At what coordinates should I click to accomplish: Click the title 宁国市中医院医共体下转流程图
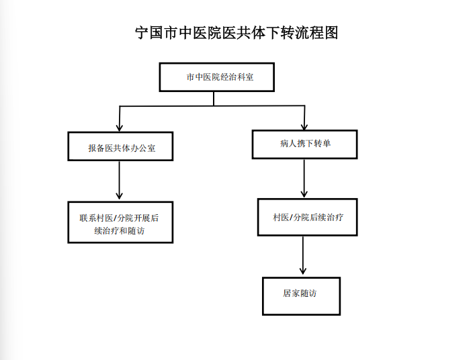(236, 32)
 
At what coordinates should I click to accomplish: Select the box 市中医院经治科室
(216, 77)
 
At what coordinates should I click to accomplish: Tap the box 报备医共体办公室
(120, 146)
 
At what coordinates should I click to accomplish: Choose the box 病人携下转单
(304, 144)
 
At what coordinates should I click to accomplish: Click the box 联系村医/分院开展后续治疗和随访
(120, 222)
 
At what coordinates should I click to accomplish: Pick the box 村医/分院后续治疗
(308, 217)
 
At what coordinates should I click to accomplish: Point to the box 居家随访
(302, 296)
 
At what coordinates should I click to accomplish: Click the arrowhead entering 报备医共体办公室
(120, 128)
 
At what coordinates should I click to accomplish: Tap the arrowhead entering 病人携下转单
(304, 126)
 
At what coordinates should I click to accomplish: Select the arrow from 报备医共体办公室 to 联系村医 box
(119, 180)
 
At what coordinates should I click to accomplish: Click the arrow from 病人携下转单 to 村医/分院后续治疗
(304, 179)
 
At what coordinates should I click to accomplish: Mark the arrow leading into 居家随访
(303, 255)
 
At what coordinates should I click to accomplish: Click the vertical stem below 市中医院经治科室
(214, 99)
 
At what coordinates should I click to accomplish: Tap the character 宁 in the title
(142, 33)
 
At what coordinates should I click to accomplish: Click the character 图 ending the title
(331, 32)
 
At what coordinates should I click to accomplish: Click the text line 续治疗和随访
(120, 231)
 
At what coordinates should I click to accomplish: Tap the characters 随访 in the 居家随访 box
(308, 294)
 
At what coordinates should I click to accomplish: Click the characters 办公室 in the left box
(143, 148)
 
